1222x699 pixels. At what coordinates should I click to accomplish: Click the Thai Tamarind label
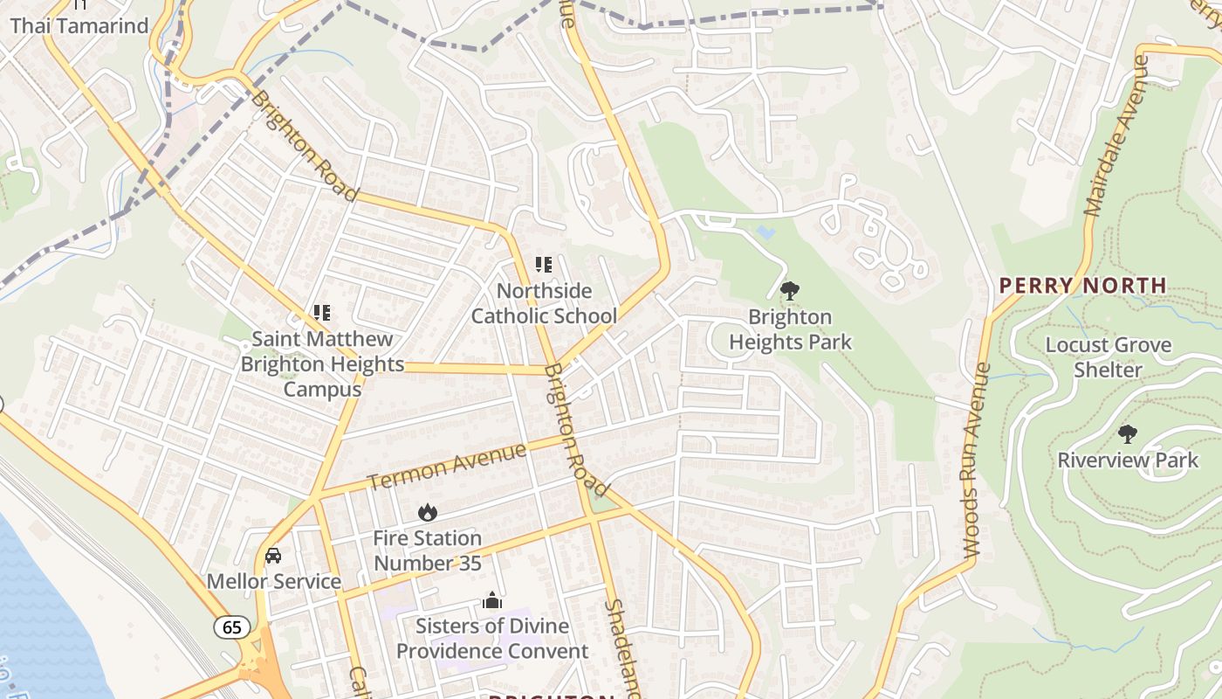pyautogui.click(x=79, y=25)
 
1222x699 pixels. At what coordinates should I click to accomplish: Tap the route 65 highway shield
pyautogui.click(x=232, y=626)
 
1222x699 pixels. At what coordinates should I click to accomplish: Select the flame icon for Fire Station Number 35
pyautogui.click(x=427, y=513)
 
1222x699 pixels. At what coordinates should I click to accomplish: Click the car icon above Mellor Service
pyautogui.click(x=273, y=556)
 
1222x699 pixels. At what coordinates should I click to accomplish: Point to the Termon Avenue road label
pyautogui.click(x=446, y=466)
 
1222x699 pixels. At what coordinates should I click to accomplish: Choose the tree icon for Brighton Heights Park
pyautogui.click(x=790, y=291)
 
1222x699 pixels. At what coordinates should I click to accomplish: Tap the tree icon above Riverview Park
pyautogui.click(x=1128, y=433)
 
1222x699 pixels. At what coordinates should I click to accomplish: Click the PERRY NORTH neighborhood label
pyautogui.click(x=1082, y=286)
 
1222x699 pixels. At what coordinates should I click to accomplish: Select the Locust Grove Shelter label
pyautogui.click(x=1109, y=357)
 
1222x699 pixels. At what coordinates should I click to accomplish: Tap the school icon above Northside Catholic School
pyautogui.click(x=544, y=264)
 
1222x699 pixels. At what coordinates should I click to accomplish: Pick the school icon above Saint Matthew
pyautogui.click(x=322, y=312)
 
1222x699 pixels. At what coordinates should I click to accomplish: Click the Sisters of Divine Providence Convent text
pyautogui.click(x=492, y=639)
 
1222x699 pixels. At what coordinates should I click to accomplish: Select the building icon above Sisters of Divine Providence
pyautogui.click(x=492, y=600)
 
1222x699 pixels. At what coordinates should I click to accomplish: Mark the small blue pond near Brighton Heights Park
pyautogui.click(x=765, y=232)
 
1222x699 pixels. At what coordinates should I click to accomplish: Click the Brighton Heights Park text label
pyautogui.click(x=790, y=329)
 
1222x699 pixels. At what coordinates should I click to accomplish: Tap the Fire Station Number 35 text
pyautogui.click(x=427, y=550)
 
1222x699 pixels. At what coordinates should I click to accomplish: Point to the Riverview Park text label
pyautogui.click(x=1128, y=460)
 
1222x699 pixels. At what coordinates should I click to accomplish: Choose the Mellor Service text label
pyautogui.click(x=273, y=581)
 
